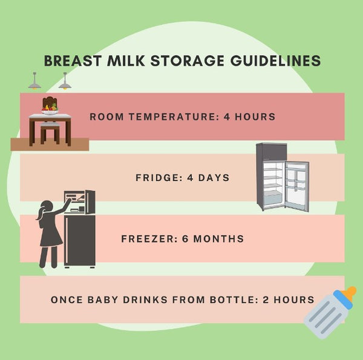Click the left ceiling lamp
pyautogui.click(x=34, y=83)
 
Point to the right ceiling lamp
pyautogui.click(x=65, y=84)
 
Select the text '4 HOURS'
pyautogui.click(x=250, y=116)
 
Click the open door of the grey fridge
pyautogui.click(x=296, y=186)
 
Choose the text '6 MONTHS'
pyautogui.click(x=212, y=239)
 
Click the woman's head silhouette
pyautogui.click(x=44, y=211)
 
